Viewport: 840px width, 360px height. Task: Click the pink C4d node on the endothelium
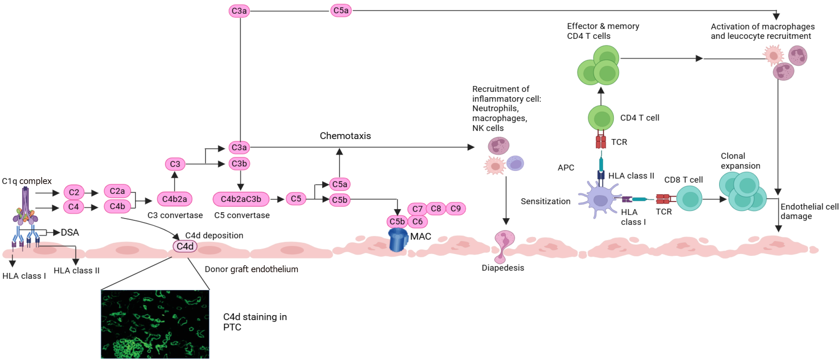185,246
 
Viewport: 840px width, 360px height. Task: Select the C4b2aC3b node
241,199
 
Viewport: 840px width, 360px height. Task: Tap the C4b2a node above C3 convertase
175,199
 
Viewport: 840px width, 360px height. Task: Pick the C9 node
456,209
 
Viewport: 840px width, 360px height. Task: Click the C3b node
239,164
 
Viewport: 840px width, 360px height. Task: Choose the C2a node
117,191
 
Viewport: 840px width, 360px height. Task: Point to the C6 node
417,221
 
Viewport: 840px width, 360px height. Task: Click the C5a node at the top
341,11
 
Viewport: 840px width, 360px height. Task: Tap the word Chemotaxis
345,136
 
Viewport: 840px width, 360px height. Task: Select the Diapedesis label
503,268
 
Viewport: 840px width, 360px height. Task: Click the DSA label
70,232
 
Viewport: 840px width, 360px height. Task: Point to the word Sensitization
545,201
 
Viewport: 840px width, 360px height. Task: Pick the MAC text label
420,236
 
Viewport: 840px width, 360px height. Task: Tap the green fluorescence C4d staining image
155,324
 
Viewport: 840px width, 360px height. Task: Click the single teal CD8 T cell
689,199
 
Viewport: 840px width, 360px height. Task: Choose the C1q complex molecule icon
25,207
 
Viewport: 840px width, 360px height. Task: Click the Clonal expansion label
740,161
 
